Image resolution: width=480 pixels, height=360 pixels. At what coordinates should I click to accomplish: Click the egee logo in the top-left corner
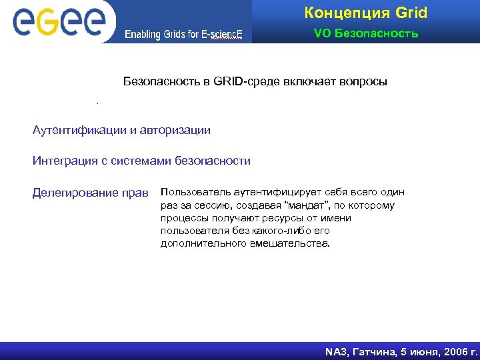pyautogui.click(x=58, y=21)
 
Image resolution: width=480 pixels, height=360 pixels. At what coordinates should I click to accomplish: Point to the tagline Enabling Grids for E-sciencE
pyautogui.click(x=183, y=35)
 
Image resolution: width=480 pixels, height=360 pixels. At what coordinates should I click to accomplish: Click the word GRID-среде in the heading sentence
pyautogui.click(x=244, y=81)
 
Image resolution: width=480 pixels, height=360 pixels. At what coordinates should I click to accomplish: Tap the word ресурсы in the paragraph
pyautogui.click(x=299, y=219)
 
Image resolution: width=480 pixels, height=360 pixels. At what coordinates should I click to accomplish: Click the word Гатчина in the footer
pyautogui.click(x=377, y=351)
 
